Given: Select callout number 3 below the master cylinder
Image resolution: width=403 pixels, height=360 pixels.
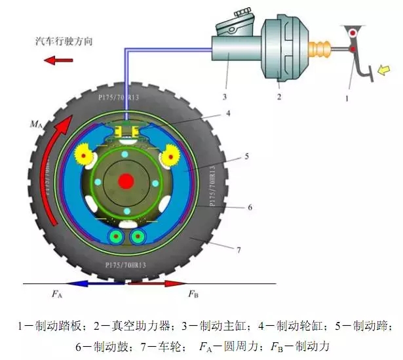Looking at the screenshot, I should tap(225, 96).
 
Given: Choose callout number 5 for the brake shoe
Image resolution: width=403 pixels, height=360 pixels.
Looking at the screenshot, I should tap(246, 155).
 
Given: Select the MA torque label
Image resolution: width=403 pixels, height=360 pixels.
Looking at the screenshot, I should tap(36, 123).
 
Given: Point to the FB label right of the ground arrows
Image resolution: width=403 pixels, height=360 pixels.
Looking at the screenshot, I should tap(193, 294).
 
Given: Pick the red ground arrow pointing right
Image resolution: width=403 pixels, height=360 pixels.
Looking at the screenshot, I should tap(157, 284).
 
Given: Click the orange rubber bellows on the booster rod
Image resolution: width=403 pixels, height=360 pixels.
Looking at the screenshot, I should tap(322, 50).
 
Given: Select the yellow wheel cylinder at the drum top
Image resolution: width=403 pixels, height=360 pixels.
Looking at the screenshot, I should tap(124, 132).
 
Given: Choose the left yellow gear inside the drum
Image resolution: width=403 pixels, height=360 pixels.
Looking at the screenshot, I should tap(84, 155).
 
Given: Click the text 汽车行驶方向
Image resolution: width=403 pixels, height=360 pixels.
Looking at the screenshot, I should tap(64, 41).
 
